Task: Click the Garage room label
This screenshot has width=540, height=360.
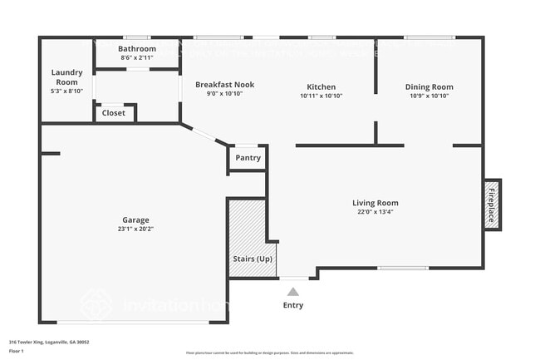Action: click(136, 219)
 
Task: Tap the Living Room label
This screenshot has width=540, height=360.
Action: click(375, 203)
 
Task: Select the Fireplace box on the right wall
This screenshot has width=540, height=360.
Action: click(492, 204)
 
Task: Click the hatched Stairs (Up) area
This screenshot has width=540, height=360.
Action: click(247, 237)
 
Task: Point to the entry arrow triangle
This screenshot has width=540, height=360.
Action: click(292, 291)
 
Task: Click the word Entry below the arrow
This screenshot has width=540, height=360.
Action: click(292, 305)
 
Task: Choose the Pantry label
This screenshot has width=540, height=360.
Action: click(248, 158)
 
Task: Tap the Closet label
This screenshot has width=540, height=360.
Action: click(114, 113)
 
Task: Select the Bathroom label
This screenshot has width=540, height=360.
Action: click(137, 49)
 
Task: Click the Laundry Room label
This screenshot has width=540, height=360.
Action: click(67, 77)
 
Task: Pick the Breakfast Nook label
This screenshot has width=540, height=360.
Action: click(224, 85)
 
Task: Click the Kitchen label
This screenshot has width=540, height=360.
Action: click(321, 86)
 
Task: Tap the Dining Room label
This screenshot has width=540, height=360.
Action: click(429, 86)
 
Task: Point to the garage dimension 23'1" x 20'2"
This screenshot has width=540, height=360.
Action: click(136, 229)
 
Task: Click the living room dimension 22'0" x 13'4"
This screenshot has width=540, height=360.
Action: click(375, 212)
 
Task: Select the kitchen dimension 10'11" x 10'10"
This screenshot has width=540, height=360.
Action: click(321, 96)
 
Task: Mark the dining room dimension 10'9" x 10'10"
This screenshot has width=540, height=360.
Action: click(429, 96)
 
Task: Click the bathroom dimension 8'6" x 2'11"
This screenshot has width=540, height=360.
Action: click(137, 58)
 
